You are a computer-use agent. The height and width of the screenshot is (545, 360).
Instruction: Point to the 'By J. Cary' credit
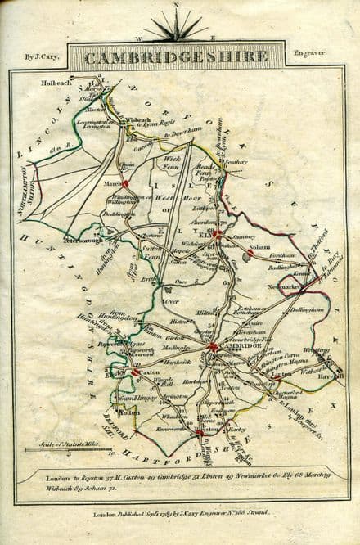40,56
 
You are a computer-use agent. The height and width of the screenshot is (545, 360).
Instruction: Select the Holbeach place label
58,82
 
